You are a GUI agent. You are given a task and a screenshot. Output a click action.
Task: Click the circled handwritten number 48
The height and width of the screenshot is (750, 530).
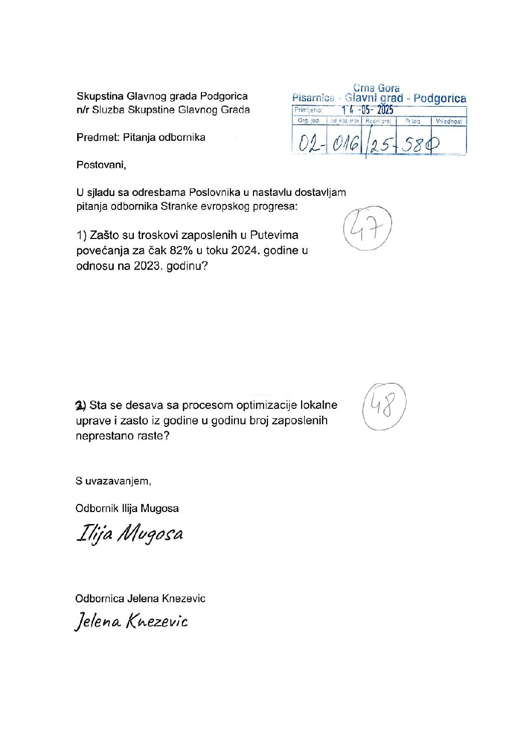click(x=383, y=406)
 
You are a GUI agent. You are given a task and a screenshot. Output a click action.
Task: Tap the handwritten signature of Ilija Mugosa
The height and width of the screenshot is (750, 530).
click(x=130, y=535)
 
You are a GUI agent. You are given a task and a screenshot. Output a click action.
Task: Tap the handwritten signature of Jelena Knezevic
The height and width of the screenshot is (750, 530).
click(x=131, y=622)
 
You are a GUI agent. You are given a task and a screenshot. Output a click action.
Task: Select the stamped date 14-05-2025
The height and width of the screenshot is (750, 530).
click(x=368, y=110)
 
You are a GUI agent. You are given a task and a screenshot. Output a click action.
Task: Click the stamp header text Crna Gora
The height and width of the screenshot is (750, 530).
click(x=376, y=89)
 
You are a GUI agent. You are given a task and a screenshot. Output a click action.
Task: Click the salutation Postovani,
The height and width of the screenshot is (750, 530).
click(x=101, y=165)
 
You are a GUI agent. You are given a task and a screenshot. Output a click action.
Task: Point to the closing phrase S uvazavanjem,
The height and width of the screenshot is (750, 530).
click(x=113, y=481)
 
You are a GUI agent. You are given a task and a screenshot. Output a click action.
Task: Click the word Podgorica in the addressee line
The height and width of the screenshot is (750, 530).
click(x=224, y=96)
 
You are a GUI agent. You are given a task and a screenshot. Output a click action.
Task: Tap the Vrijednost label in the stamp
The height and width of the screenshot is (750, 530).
click(x=448, y=121)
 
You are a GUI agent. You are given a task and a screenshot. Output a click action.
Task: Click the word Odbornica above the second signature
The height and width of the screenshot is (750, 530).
click(x=100, y=598)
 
